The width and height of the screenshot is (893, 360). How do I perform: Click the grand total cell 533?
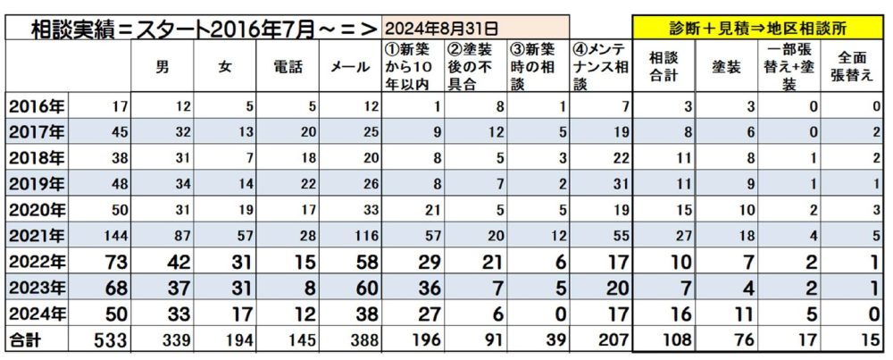111,339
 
